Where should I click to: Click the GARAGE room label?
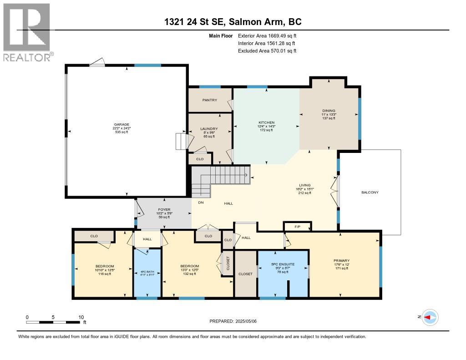click(x=122, y=124)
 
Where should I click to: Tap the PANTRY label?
click(x=210, y=100)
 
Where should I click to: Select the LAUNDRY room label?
click(x=209, y=129)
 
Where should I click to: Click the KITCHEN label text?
click(x=267, y=122)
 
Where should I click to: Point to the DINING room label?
click(x=328, y=111)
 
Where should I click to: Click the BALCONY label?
click(x=370, y=192)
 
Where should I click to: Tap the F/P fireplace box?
click(x=297, y=226)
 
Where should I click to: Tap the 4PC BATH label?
click(x=147, y=271)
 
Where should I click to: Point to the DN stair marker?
click(x=200, y=203)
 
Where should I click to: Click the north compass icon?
click(x=430, y=317)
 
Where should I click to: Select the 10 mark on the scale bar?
click(x=81, y=317)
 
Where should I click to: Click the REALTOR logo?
click(x=27, y=32)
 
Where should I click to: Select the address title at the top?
click(x=233, y=22)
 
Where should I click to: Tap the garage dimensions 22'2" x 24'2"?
click(x=122, y=128)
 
